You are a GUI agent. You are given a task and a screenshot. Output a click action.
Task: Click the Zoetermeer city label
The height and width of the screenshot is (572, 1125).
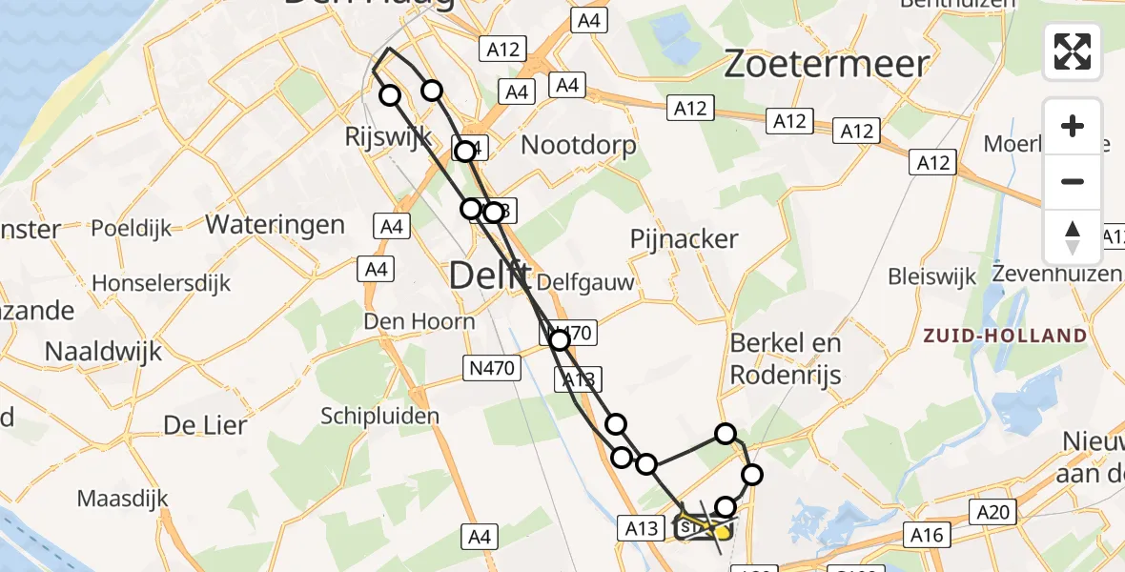827,64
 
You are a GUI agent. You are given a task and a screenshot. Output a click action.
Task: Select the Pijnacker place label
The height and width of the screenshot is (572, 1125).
685,238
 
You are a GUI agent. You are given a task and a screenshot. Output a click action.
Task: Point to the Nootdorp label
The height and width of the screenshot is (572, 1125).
579,145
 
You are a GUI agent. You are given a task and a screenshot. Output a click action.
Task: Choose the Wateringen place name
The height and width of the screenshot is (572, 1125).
276,225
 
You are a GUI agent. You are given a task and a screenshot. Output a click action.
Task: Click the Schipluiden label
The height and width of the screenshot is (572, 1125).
379,416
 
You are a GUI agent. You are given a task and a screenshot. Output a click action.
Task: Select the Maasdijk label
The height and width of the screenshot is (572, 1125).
122,498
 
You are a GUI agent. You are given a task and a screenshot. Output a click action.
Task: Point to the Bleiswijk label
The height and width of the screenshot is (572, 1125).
932,276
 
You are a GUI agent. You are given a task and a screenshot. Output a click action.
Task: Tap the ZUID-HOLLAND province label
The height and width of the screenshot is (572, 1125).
1004,336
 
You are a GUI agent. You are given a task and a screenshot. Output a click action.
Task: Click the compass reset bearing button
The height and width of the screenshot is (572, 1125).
1073,237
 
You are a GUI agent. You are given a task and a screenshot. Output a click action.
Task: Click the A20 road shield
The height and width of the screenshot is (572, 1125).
993,513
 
